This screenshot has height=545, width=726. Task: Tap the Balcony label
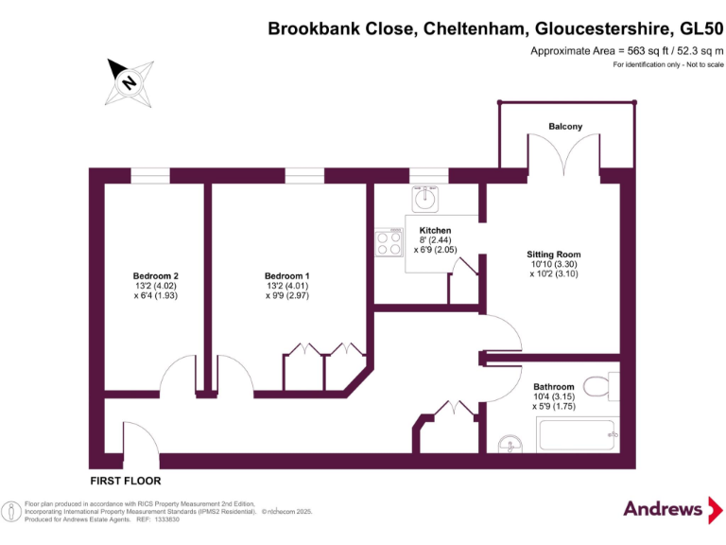click(x=565, y=126)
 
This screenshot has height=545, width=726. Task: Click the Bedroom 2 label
click(x=156, y=276)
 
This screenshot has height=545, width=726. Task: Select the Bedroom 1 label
click(x=287, y=276)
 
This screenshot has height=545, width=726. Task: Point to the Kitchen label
click(x=435, y=231)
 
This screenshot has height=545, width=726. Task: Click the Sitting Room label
click(x=554, y=255)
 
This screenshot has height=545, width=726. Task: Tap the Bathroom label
click(x=553, y=387)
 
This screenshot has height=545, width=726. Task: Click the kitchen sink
click(x=425, y=198)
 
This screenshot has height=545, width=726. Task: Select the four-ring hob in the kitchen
click(x=389, y=244)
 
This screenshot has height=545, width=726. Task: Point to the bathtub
click(x=578, y=435)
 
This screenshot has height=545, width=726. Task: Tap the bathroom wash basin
click(x=510, y=444)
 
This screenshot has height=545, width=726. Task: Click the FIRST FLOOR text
click(x=124, y=481)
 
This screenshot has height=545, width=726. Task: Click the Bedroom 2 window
click(x=150, y=175)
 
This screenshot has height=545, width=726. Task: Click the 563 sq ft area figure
click(x=632, y=50)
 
